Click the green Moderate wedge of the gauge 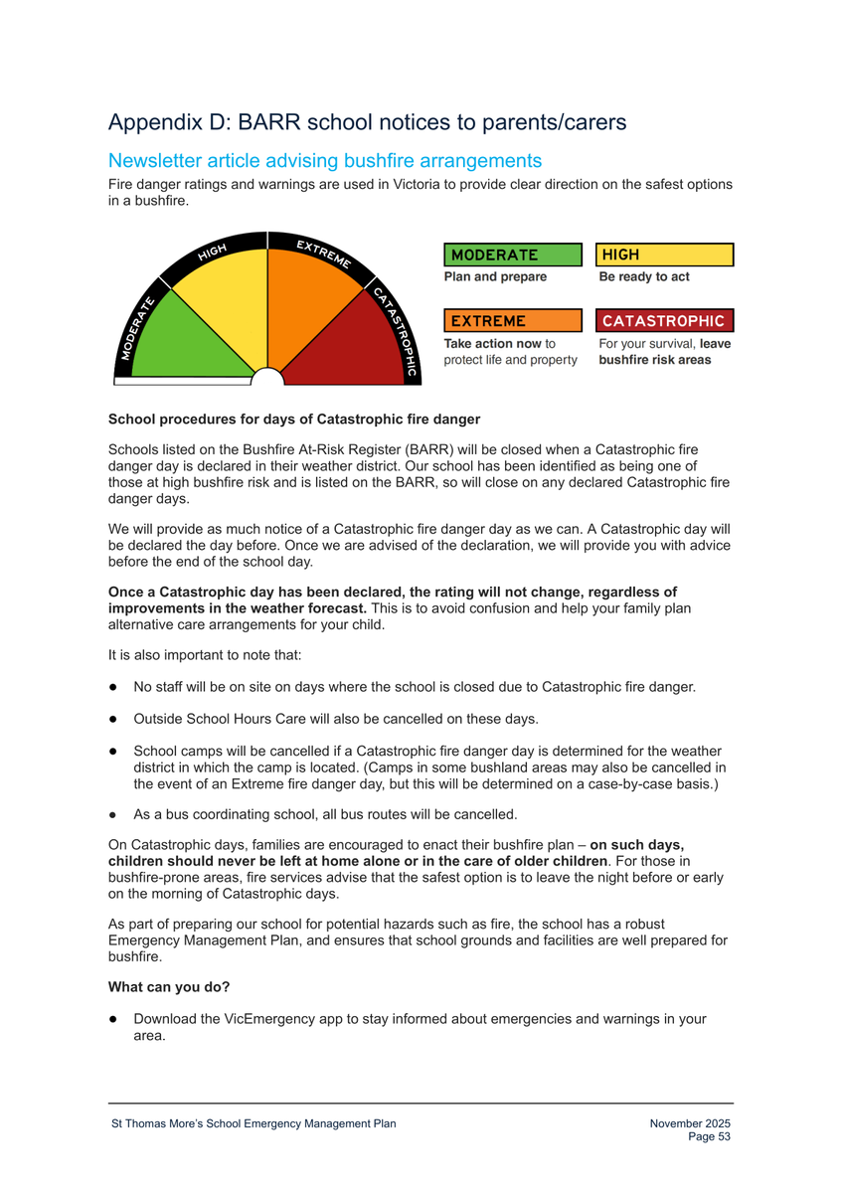189,338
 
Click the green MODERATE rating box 511,256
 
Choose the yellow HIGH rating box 664,256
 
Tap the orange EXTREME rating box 511,321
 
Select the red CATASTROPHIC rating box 664,321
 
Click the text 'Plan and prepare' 495,277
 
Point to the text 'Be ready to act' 643,277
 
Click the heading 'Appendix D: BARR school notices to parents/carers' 367,122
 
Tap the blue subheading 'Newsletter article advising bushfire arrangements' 324,160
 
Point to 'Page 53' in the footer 710,1136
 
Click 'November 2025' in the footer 690,1123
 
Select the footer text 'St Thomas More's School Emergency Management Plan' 253,1123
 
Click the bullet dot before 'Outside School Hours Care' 114,719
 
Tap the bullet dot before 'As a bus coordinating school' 114,815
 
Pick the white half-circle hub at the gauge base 266,377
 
